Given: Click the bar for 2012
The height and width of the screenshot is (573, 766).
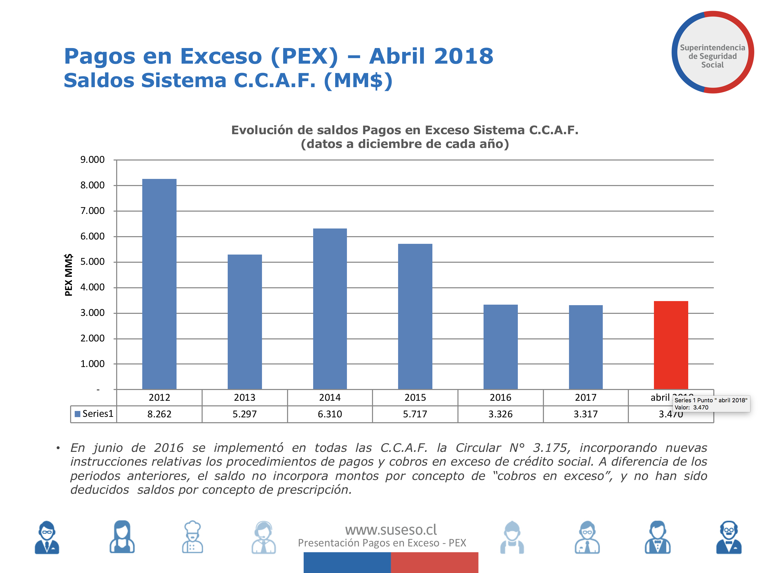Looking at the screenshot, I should (159, 284).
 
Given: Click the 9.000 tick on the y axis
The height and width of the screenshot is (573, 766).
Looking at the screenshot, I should (92, 160).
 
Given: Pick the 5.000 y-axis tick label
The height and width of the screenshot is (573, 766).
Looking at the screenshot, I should (92, 262).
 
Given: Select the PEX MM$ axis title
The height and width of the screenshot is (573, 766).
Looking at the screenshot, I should (69, 275).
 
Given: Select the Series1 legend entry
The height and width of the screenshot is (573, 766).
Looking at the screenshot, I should (94, 414).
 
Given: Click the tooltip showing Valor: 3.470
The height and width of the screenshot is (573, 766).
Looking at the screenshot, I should (711, 404).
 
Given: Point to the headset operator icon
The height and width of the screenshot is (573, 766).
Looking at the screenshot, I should (264, 537).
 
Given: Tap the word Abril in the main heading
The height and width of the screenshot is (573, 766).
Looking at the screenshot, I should (397, 56).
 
